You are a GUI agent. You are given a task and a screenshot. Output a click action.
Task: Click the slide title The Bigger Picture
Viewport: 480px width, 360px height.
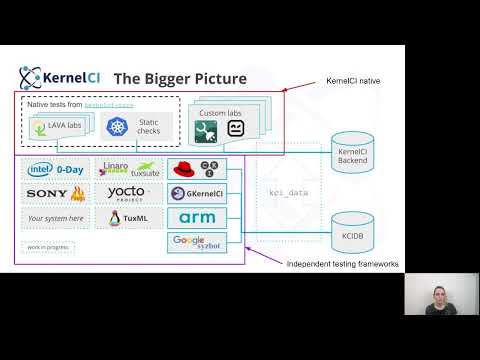tap(179, 77)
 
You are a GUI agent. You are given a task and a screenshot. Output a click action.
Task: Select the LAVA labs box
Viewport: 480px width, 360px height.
tap(58, 125)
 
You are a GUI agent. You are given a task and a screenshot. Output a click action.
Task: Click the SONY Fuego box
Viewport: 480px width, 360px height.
tap(57, 192)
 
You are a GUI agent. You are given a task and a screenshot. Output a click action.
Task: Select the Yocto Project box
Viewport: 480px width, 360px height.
tap(129, 192)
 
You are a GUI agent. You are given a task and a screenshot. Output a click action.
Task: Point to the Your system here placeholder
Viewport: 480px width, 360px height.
tap(57, 217)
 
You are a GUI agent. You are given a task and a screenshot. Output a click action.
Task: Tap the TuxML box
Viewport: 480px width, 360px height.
tap(129, 217)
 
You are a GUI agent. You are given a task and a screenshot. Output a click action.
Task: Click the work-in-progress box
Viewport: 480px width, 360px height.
tap(42, 246)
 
